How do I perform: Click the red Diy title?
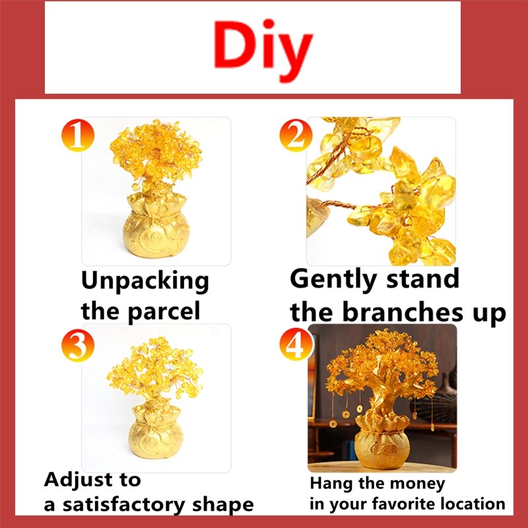pyautogui.click(x=263, y=50)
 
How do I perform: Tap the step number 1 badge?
pyautogui.click(x=78, y=135)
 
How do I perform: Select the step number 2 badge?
pyautogui.click(x=296, y=135)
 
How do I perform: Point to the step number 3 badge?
pyautogui.click(x=78, y=345)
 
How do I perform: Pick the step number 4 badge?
pyautogui.click(x=296, y=344)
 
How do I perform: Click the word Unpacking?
pyautogui.click(x=145, y=281)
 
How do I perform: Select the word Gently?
pyautogui.click(x=333, y=280)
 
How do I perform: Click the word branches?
pyautogui.click(x=403, y=312)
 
